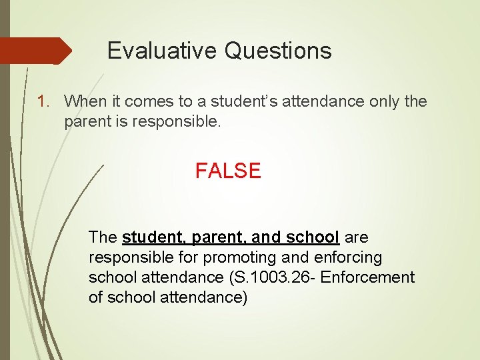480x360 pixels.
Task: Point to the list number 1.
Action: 43,101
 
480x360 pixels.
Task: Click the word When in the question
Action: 81,101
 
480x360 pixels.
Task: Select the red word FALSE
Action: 228,171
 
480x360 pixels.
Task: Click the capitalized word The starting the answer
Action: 103,237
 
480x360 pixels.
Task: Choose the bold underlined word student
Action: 153,237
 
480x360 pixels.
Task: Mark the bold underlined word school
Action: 313,237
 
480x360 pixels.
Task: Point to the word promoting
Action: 227,257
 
